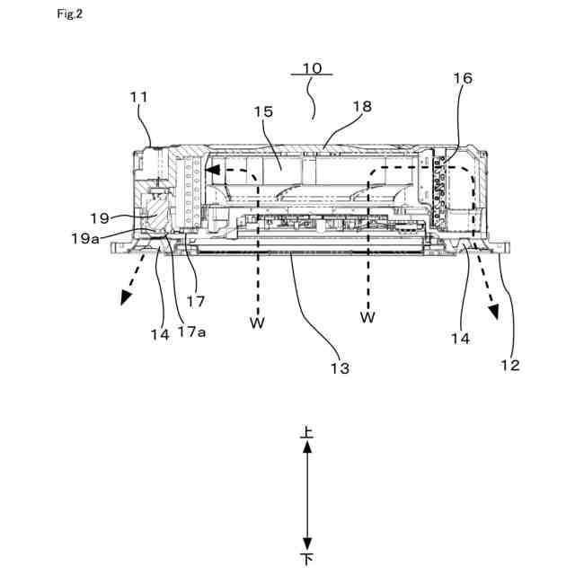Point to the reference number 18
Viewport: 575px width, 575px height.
361,105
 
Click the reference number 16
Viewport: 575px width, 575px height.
462,79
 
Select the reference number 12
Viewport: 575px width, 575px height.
509,365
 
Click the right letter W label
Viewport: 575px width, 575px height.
367,317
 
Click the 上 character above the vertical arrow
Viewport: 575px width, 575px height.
307,432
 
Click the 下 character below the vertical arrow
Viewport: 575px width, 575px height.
307,559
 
